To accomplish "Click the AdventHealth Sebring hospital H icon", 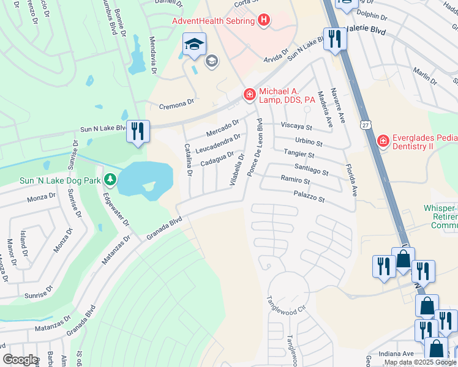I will pos(264,21).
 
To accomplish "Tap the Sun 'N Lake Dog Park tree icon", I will pos(110,179).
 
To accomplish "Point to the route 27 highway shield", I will pos(366,125).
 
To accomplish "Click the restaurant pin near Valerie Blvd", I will pos(334,39).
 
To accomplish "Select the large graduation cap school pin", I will pos(194,45).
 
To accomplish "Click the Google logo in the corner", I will pos(21,359).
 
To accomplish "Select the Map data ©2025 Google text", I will pos(420,363).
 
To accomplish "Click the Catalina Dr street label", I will pos(189,160).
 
